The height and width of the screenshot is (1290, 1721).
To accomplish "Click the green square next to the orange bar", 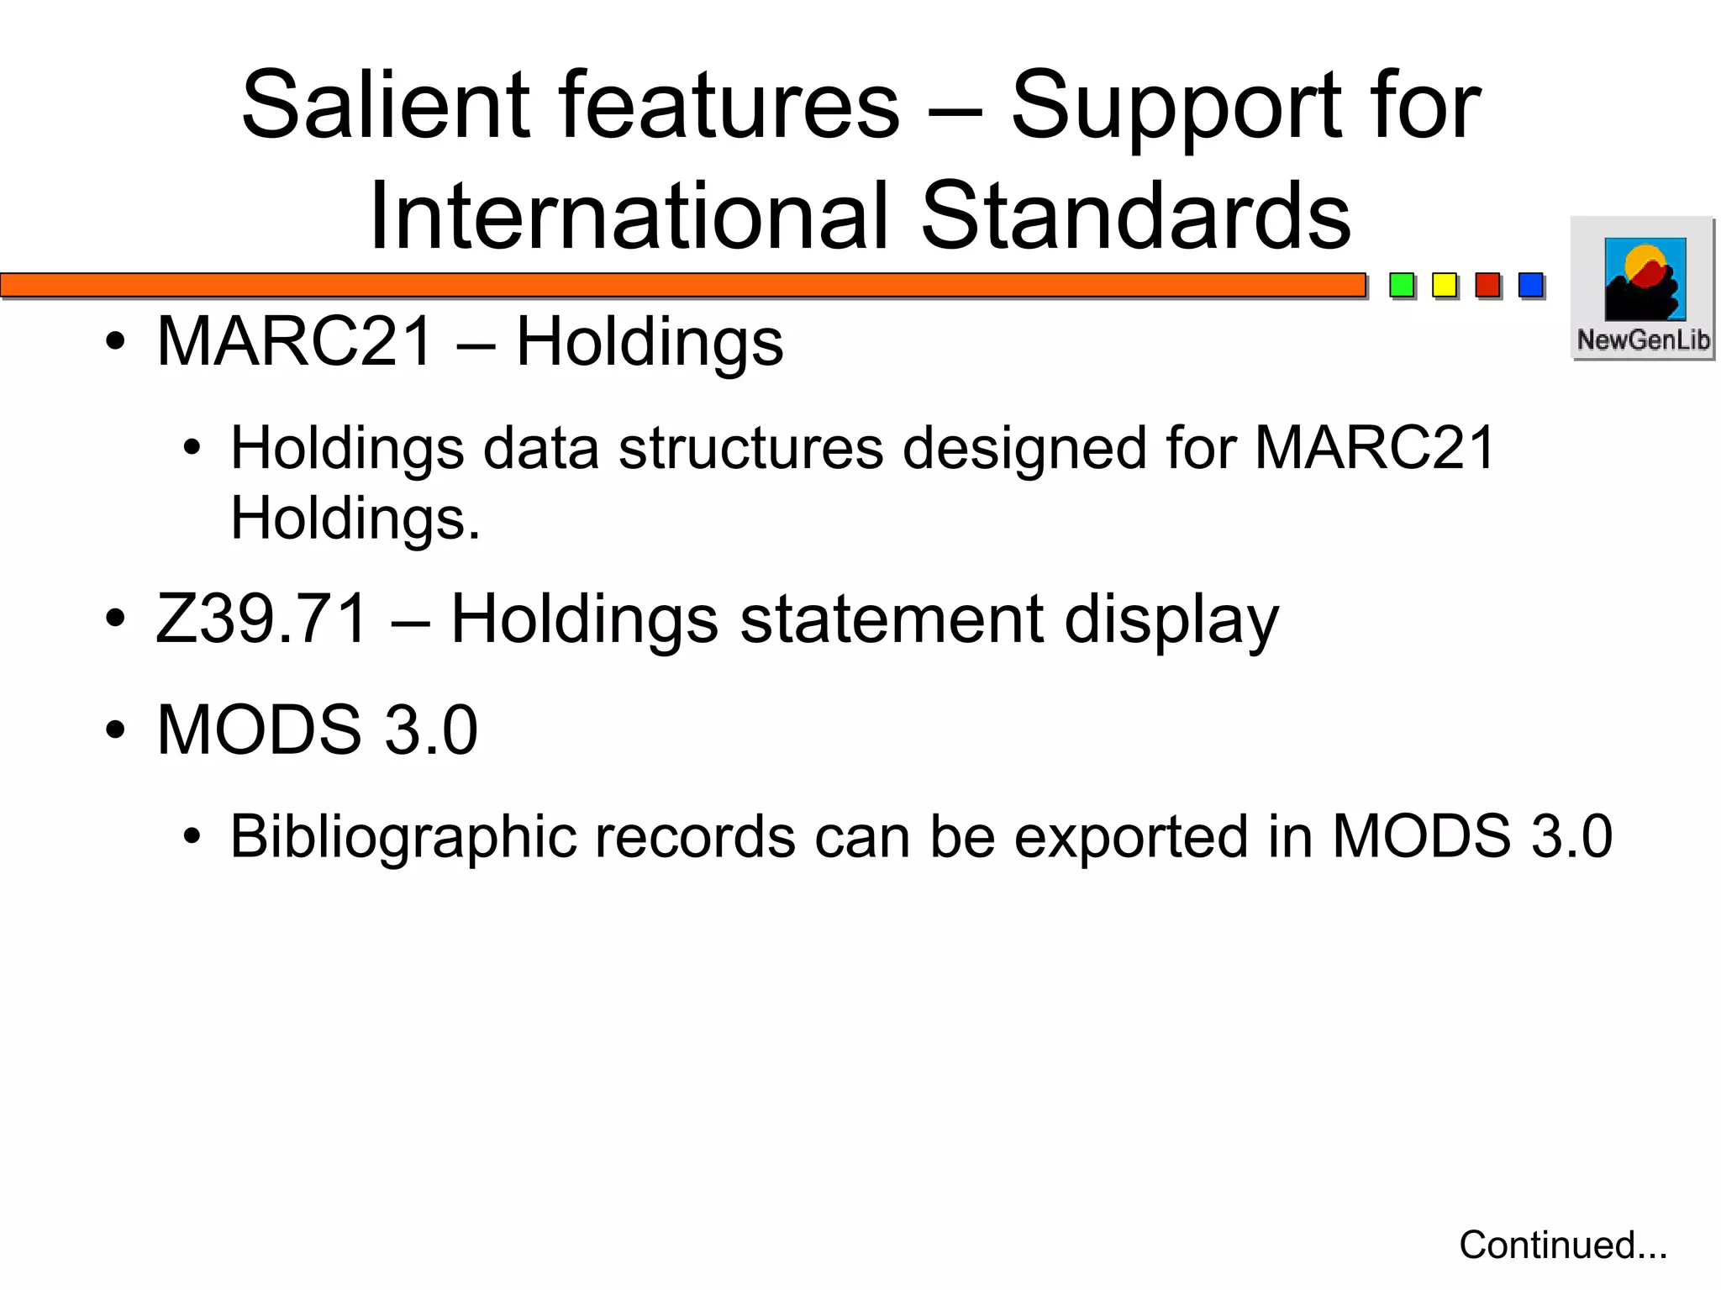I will [1402, 285].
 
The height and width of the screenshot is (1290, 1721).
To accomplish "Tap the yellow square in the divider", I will [1445, 285].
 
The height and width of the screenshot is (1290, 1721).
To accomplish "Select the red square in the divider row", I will [1487, 285].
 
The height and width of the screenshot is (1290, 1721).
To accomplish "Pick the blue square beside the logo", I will [1531, 285].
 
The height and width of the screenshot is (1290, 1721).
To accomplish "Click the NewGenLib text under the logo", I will [1643, 340].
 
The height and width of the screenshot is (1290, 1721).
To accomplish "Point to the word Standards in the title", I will [1135, 216].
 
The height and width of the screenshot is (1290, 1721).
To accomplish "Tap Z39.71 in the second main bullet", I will [262, 619].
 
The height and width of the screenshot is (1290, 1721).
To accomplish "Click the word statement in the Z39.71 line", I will [892, 619].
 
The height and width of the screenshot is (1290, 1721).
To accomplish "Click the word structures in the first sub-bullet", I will [751, 447].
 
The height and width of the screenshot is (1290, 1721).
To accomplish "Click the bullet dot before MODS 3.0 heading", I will [116, 729].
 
